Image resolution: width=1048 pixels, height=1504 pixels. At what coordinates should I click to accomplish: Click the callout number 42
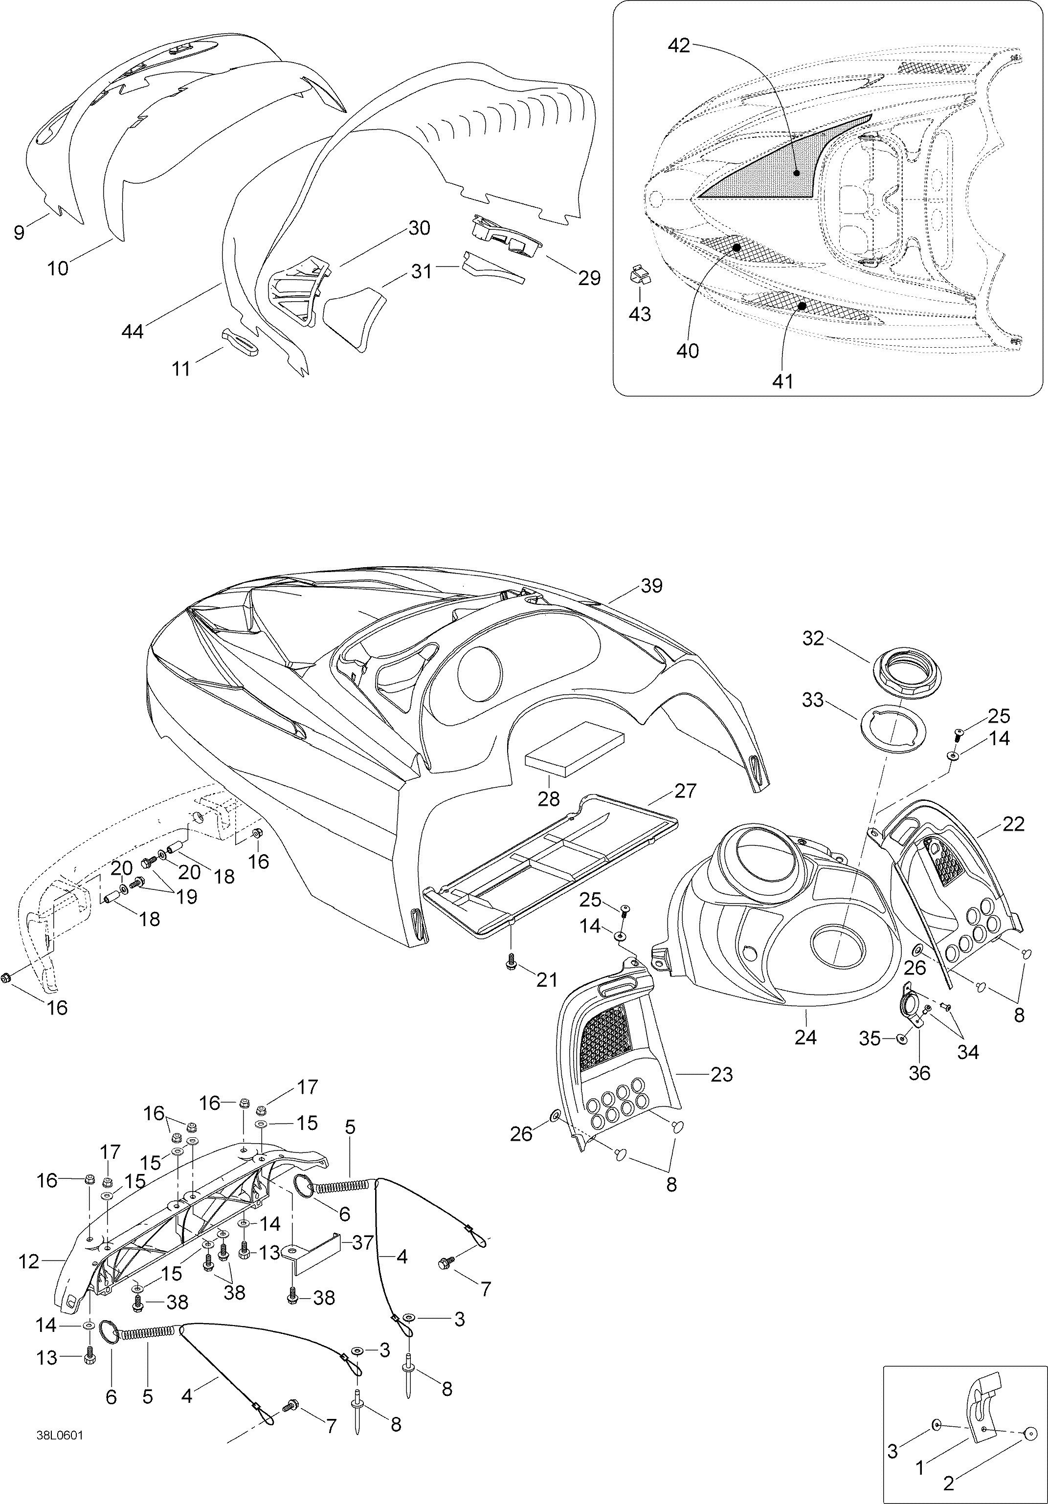[x=679, y=46]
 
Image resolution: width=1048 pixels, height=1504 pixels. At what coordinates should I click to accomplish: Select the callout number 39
[x=652, y=586]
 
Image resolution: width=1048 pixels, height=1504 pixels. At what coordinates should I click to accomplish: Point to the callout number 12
[x=29, y=1261]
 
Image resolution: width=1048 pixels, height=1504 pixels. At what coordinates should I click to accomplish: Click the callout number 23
[x=721, y=1074]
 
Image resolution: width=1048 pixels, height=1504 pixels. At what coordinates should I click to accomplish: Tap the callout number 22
[x=1013, y=824]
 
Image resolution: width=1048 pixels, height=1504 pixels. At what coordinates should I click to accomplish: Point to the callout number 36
[x=919, y=1073]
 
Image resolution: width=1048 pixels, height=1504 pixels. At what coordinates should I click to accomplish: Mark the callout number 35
[x=870, y=1038]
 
